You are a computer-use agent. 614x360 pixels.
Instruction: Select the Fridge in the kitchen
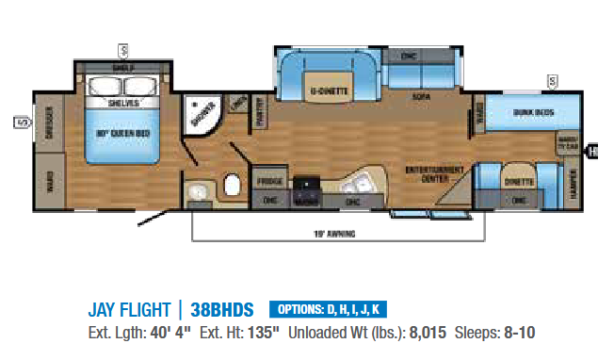click(270, 179)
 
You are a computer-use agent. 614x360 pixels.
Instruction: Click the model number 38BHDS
click(225, 310)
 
